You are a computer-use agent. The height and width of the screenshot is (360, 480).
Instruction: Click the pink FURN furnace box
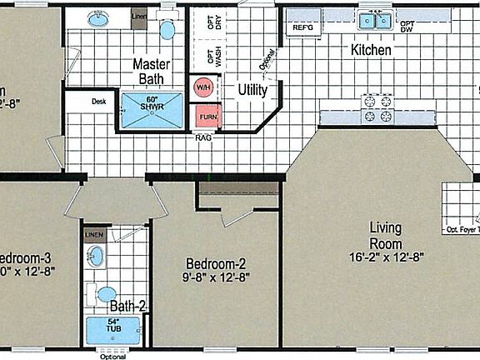coord(206,115)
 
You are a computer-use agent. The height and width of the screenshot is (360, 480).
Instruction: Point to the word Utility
coord(252,88)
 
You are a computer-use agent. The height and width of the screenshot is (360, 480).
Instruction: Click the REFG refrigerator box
coord(302,27)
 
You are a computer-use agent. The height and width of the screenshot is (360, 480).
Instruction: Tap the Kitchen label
coord(370,51)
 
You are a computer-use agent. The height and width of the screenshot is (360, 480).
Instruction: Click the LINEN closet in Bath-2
coord(95,235)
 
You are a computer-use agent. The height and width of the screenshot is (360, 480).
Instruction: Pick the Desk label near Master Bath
coord(99,102)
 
